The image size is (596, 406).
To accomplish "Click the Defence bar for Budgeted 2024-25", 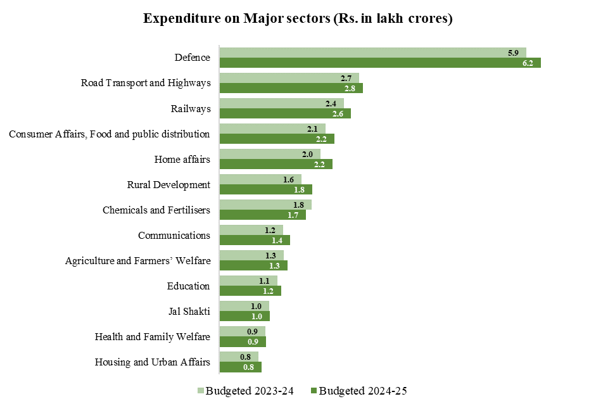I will click(380, 63).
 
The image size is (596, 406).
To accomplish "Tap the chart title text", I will click(298, 18).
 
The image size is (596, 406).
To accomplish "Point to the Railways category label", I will click(191, 108).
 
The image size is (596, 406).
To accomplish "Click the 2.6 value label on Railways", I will click(338, 113).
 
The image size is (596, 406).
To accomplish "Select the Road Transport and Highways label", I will click(146, 83).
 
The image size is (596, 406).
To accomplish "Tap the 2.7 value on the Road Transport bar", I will click(346, 78).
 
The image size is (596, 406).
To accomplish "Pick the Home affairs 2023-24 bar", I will click(270, 154).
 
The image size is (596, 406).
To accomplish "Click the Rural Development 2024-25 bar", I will click(266, 189).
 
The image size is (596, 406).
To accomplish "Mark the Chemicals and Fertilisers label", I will click(156, 210).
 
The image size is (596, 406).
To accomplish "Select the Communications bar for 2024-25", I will click(255, 240).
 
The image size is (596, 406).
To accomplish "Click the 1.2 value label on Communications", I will click(270, 230).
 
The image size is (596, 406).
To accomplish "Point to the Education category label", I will click(188, 286).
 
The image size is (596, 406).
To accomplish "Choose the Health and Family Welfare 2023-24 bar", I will click(242, 331).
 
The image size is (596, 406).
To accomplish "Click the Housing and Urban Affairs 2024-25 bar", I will click(240, 367).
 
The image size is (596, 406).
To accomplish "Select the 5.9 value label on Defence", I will click(514, 53).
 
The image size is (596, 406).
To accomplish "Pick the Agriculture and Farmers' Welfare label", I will click(137, 260).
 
